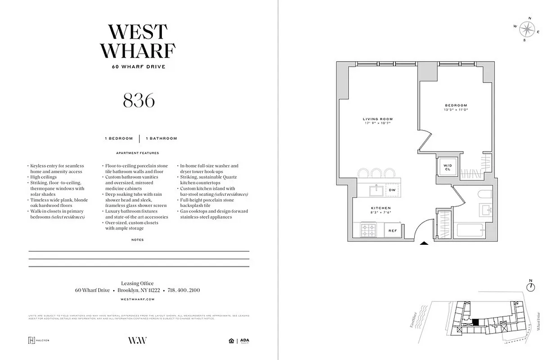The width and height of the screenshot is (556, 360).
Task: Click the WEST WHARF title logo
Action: click(x=138, y=41)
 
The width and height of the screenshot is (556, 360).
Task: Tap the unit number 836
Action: click(x=139, y=100)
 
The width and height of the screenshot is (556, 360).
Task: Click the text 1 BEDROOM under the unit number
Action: click(x=119, y=139)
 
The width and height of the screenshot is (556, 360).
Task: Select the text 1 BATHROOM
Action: click(x=161, y=139)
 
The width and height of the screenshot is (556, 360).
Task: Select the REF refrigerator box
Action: click(x=392, y=231)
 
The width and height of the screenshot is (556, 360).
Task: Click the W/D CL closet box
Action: click(x=447, y=166)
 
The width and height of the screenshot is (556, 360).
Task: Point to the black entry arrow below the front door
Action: click(x=424, y=243)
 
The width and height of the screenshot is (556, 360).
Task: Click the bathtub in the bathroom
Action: click(x=474, y=229)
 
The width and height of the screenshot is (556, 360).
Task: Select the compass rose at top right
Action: click(x=526, y=29)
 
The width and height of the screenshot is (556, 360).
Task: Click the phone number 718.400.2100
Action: click(x=184, y=290)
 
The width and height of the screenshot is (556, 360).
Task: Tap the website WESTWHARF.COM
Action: click(x=138, y=299)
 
